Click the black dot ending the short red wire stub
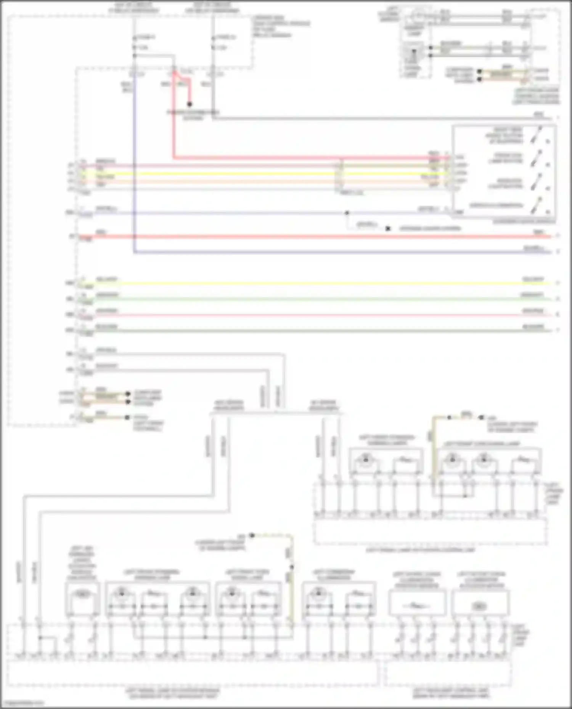tap(190, 104)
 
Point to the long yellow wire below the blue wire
tap(305, 283)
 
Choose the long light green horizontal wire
tap(305, 299)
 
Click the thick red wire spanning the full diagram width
tap(305, 237)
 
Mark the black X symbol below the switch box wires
tap(388, 229)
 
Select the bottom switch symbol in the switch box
tap(539, 205)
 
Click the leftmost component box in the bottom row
tap(82, 599)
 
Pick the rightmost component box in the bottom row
tap(480, 602)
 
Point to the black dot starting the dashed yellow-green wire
tap(252, 535)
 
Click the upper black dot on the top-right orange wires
tap(480, 71)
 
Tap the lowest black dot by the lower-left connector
tap(127, 418)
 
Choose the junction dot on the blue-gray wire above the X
tap(347, 213)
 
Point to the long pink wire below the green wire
tap(305, 315)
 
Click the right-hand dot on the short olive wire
tap(481, 418)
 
